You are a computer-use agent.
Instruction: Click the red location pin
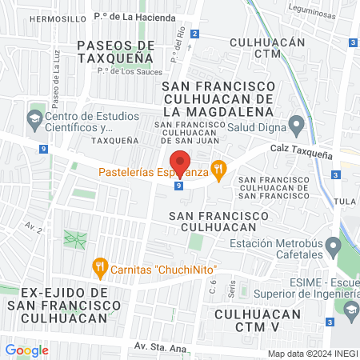click(x=181, y=163)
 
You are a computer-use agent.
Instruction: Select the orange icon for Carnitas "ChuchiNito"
click(x=100, y=268)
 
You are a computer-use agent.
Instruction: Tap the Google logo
click(x=26, y=350)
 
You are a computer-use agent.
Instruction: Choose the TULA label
click(x=346, y=200)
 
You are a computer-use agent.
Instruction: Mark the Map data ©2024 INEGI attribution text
click(x=311, y=353)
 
